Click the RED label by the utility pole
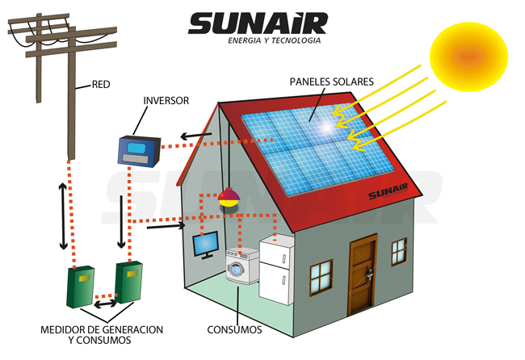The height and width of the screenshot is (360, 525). [101, 83]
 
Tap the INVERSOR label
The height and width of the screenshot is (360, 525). [166, 101]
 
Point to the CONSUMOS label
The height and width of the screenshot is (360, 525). [235, 330]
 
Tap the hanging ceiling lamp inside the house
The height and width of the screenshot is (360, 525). [229, 197]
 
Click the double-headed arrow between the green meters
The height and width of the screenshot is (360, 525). [105, 306]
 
